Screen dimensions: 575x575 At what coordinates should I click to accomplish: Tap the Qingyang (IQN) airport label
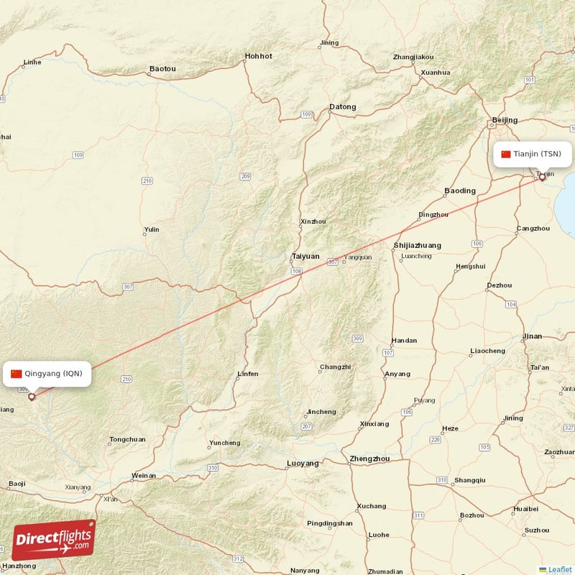[52, 373]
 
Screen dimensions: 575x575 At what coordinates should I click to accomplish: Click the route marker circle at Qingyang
[32, 396]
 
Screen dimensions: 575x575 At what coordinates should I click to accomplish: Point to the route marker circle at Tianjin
[542, 178]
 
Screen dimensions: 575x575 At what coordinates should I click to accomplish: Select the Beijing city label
[505, 119]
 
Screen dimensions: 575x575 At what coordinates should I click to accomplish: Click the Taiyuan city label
[305, 256]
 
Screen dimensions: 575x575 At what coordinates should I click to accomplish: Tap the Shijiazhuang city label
[418, 246]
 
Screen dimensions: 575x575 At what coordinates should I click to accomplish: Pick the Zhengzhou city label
[369, 459]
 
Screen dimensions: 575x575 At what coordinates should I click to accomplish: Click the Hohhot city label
[259, 55]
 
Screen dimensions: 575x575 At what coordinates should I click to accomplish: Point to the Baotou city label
[162, 69]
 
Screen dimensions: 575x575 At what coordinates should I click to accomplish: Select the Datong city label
[342, 107]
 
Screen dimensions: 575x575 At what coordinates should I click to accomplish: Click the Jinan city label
[533, 336]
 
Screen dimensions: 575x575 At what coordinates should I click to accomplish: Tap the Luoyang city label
[303, 464]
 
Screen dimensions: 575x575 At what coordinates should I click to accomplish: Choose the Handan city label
[403, 341]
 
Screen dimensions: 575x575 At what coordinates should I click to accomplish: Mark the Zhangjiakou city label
[413, 57]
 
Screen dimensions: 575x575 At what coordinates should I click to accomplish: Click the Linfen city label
[247, 374]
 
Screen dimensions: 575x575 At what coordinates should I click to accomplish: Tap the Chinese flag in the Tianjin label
[506, 154]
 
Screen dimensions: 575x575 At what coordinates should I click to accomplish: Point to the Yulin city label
[152, 230]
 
